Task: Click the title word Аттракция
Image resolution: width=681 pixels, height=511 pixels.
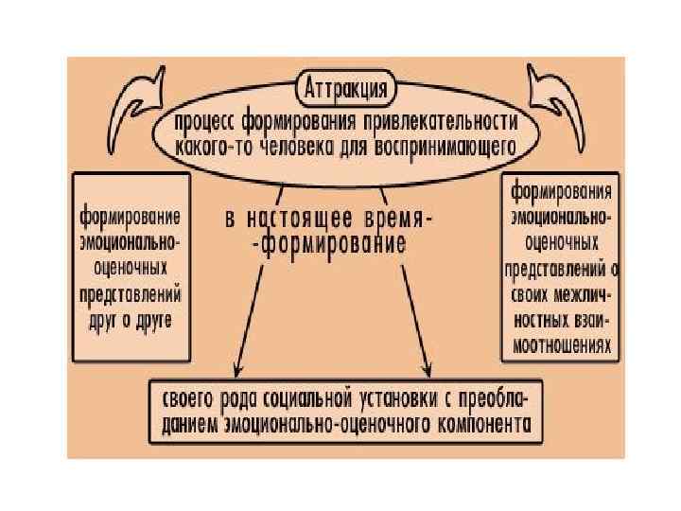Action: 346,92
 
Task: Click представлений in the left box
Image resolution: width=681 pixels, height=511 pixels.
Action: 131,291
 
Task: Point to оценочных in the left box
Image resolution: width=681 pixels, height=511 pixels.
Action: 131,265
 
